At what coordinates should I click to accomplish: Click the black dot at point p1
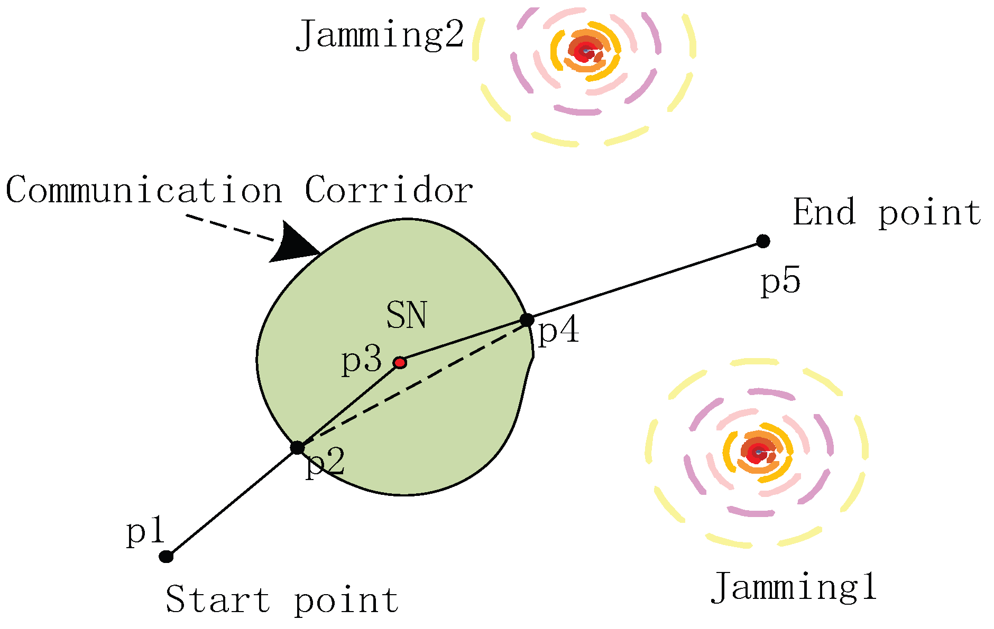pyautogui.click(x=167, y=557)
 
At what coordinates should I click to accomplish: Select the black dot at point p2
pyautogui.click(x=298, y=448)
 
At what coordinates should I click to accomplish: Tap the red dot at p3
pyautogui.click(x=400, y=363)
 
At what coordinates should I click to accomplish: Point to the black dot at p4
pyautogui.click(x=527, y=320)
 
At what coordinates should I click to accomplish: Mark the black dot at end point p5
pyautogui.click(x=762, y=241)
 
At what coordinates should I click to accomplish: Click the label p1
pyautogui.click(x=146, y=531)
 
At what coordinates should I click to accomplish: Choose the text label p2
pyautogui.click(x=325, y=463)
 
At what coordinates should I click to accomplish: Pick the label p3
pyautogui.click(x=362, y=361)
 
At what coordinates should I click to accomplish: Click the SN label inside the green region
pyautogui.click(x=406, y=315)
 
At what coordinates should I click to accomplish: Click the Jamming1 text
pyautogui.click(x=794, y=587)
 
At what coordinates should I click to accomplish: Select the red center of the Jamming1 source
pyautogui.click(x=758, y=452)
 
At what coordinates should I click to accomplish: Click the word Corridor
pyautogui.click(x=389, y=190)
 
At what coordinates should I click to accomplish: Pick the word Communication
pyautogui.click(x=144, y=190)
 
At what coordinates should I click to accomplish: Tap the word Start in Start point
pyautogui.click(x=218, y=600)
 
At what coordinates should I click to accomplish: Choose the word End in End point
pyautogui.click(x=824, y=212)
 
